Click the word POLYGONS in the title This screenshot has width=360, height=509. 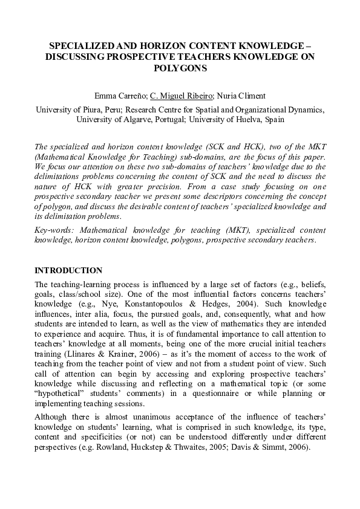[180, 68]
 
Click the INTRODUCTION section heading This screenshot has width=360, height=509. [68, 270]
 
